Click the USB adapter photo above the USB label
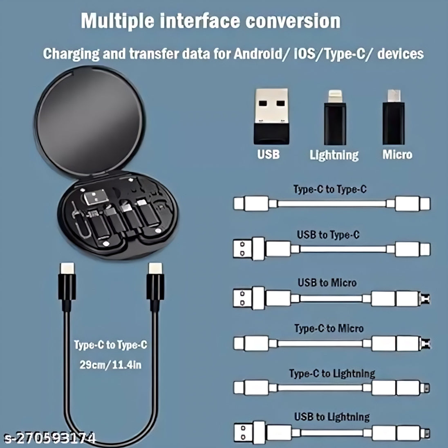pyautogui.click(x=271, y=116)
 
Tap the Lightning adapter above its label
pyautogui.click(x=335, y=117)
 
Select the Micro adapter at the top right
pyautogui.click(x=393, y=117)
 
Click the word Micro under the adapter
pyautogui.click(x=397, y=155)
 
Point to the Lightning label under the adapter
pyautogui.click(x=334, y=155)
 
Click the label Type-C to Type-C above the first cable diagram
pyautogui.click(x=330, y=189)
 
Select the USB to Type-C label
pyautogui.click(x=328, y=235)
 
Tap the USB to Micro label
pyautogui.click(x=327, y=282)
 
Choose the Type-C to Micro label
pyautogui.click(x=329, y=329)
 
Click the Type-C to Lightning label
pyautogui.click(x=332, y=374)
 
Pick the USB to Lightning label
pyautogui.click(x=332, y=417)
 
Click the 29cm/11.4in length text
pyautogui.click(x=110, y=365)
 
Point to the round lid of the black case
pyautogui.click(x=90, y=121)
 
